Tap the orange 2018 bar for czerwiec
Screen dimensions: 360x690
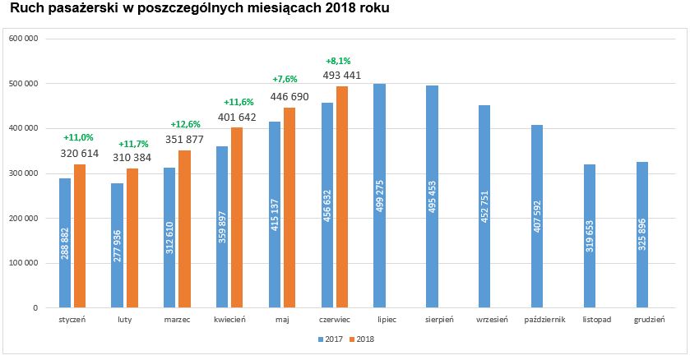[x=342, y=197]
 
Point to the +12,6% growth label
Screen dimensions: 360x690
[x=183, y=124]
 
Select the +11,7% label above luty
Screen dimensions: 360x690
[x=133, y=144]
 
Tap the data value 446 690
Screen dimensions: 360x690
[x=289, y=97]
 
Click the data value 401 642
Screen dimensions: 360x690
[x=236, y=117]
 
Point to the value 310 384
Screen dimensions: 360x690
[x=132, y=157]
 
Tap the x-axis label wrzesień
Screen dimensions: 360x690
[x=484, y=320]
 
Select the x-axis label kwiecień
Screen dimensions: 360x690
[x=229, y=320]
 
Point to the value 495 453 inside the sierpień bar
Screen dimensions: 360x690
[x=432, y=196]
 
